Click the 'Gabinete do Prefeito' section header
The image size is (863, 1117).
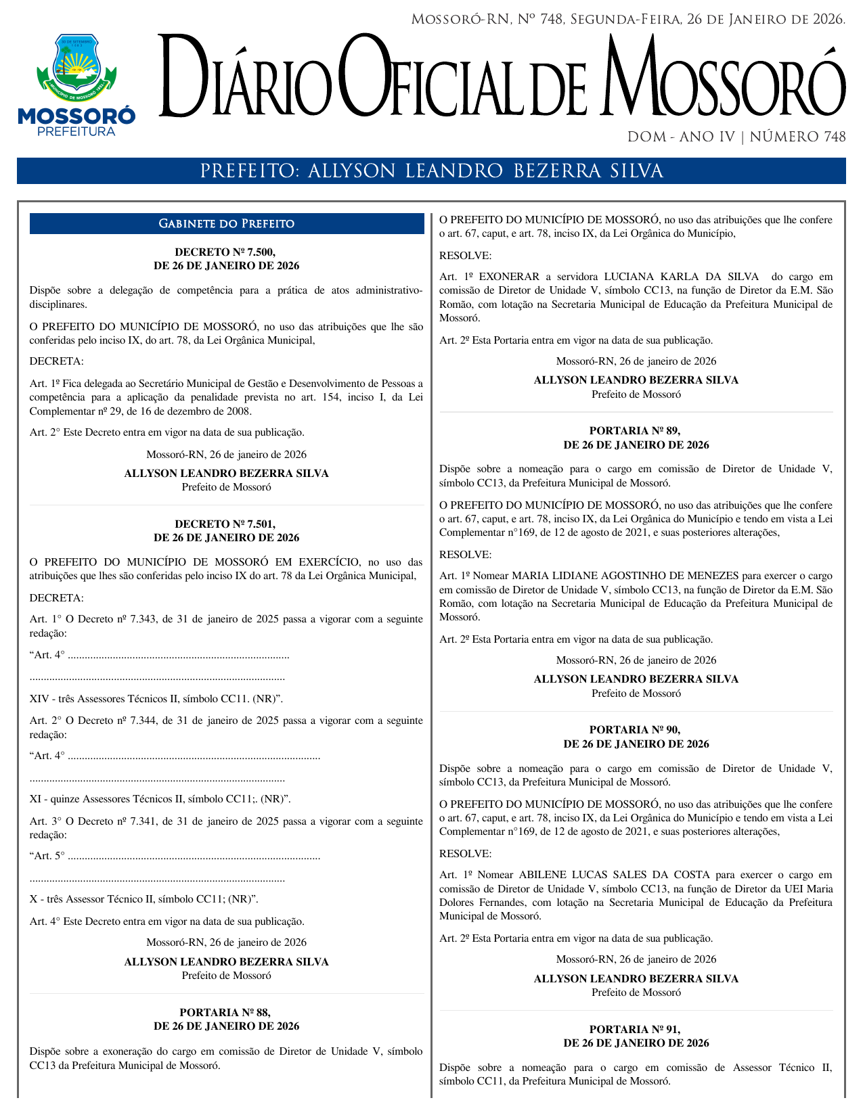pyautogui.click(x=226, y=224)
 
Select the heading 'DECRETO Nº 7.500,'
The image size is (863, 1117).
pyautogui.click(x=225, y=252)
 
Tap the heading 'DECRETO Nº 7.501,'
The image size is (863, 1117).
pyautogui.click(x=225, y=524)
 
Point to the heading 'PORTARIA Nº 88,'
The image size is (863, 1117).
pyautogui.click(x=225, y=1013)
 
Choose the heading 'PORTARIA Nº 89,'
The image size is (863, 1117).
pyautogui.click(x=636, y=431)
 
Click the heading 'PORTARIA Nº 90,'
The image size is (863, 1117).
pyautogui.click(x=636, y=730)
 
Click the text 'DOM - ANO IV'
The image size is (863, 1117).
pyautogui.click(x=681, y=137)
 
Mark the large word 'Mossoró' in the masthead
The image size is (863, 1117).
pyautogui.click(x=724, y=80)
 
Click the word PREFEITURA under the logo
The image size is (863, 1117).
pyautogui.click(x=76, y=131)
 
